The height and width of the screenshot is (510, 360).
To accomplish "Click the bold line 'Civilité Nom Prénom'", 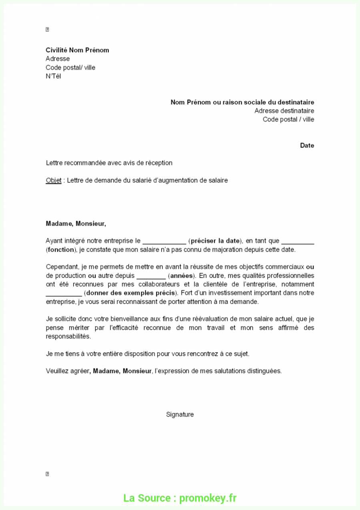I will (77, 50).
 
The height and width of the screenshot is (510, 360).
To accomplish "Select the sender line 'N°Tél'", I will (53, 76).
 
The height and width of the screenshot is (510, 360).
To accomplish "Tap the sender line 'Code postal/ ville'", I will (70, 67).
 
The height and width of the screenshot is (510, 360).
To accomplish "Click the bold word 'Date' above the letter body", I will (307, 145).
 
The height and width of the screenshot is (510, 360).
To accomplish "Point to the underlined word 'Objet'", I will (54, 180).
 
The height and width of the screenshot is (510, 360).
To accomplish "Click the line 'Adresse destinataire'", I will (284, 110).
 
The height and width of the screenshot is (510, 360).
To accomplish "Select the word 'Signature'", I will (180, 414).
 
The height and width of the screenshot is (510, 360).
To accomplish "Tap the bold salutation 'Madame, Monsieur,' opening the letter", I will (76, 223).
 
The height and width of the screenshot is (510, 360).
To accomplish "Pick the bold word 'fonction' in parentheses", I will (61, 249).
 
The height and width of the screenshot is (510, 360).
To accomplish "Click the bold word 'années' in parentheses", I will (181, 275).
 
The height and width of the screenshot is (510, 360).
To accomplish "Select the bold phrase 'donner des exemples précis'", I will (131, 293).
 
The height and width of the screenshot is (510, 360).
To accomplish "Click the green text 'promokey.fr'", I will (208, 498).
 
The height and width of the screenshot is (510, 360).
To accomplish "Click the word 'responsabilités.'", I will (68, 336).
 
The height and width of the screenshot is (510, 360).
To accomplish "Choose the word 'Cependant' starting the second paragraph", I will (62, 267).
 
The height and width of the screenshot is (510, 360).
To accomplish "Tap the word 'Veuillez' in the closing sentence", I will (58, 371).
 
